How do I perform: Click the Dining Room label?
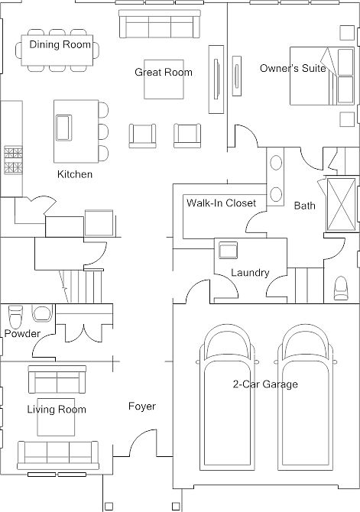60,44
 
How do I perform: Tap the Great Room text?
164,72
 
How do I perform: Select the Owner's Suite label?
293,68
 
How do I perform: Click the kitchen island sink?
63,128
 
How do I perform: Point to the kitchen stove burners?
13,160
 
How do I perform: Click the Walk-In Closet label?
221,203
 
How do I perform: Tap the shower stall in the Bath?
341,204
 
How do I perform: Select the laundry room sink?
228,250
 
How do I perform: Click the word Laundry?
250,273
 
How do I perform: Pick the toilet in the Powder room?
15,316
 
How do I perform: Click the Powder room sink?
41,313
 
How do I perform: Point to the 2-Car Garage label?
265,384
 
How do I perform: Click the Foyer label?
141,407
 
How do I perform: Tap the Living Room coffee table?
56,417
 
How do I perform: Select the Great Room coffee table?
164,79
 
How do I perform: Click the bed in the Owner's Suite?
322,76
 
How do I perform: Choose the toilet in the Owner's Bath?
341,287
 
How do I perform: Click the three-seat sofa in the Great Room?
159,24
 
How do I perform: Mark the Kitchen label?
75,174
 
